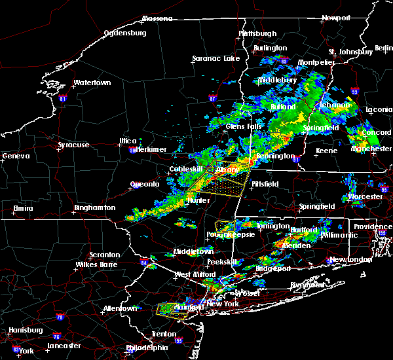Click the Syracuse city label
coord(75,145)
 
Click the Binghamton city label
coord(94,207)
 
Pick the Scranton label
coord(105,255)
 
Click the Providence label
coord(372,226)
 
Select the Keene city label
coord(326,151)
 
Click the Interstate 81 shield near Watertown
coord(63,99)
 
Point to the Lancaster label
coord(65,346)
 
